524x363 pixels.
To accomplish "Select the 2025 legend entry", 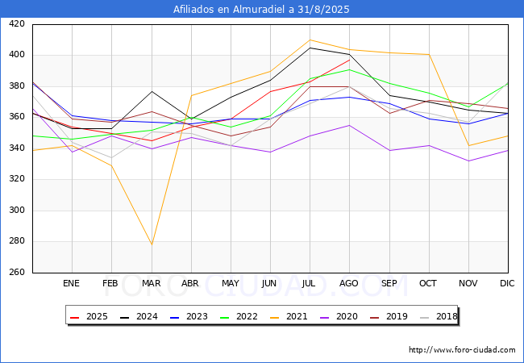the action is [89, 316].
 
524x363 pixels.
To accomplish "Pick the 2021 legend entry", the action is [289, 316].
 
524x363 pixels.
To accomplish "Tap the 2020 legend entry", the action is [339, 316].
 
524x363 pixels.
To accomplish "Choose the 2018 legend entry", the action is [438, 316].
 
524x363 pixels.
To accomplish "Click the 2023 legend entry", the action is [189, 316].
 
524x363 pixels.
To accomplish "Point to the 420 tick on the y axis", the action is [17, 23].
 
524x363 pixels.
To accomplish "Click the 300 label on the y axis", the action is [17, 210].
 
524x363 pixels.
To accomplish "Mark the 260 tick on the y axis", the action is [17, 272].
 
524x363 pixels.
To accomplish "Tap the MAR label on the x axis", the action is [152, 283].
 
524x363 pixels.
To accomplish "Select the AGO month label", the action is [349, 283].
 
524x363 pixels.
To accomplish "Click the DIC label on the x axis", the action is [507, 283].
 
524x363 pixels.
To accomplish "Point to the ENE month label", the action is [71, 283].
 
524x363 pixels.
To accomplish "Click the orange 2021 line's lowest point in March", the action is [152, 244].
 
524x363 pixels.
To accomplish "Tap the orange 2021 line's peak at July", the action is [310, 40].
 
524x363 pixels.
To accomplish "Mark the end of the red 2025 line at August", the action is [350, 60].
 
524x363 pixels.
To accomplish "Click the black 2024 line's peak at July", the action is [310, 48].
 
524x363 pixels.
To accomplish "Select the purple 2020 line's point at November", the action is [469, 161].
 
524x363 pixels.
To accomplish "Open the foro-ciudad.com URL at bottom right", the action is [462, 349].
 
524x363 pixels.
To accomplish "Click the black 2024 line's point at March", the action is [152, 91].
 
